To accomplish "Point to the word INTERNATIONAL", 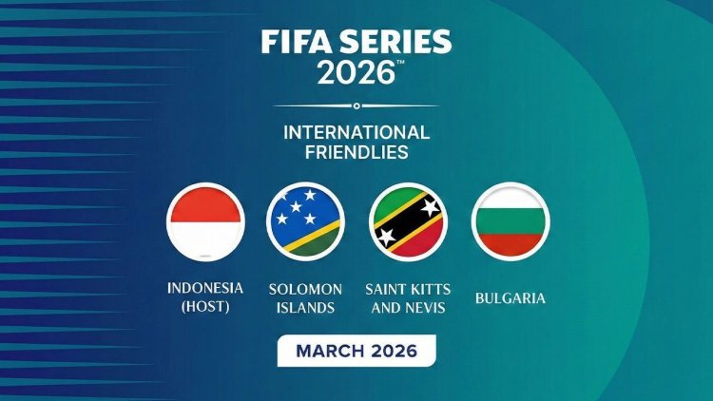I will click(356, 132).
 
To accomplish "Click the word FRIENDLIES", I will click(356, 151).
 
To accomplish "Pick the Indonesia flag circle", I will click(205, 220).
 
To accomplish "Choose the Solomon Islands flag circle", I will click(305, 220).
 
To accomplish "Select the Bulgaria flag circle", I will click(511, 220).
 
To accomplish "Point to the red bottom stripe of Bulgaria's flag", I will click(511, 244).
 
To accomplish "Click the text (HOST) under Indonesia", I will click(205, 307).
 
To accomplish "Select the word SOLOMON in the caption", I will click(305, 288).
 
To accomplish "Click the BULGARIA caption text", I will click(511, 298).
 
